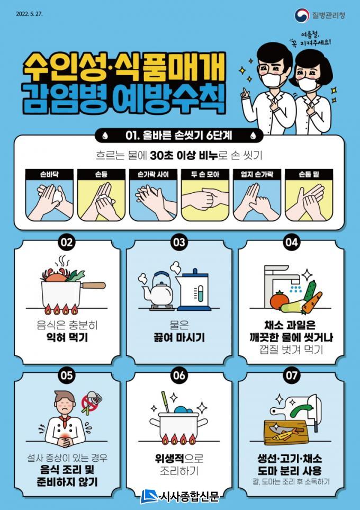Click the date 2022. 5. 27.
click(x=29, y=14)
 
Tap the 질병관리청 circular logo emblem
click(x=302, y=15)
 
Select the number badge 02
click(x=67, y=243)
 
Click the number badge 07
click(x=291, y=375)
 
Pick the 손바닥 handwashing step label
click(x=49, y=174)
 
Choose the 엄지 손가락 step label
click(x=257, y=174)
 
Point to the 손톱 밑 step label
click(x=309, y=174)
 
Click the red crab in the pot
click(x=54, y=275)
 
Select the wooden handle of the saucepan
click(x=93, y=285)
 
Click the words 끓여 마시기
click(x=179, y=337)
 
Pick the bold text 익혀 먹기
click(x=67, y=337)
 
